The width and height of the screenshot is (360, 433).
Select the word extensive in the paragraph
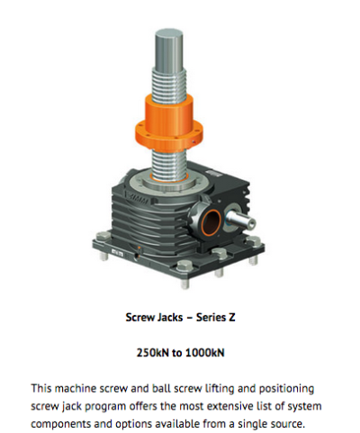coord(233,406)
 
